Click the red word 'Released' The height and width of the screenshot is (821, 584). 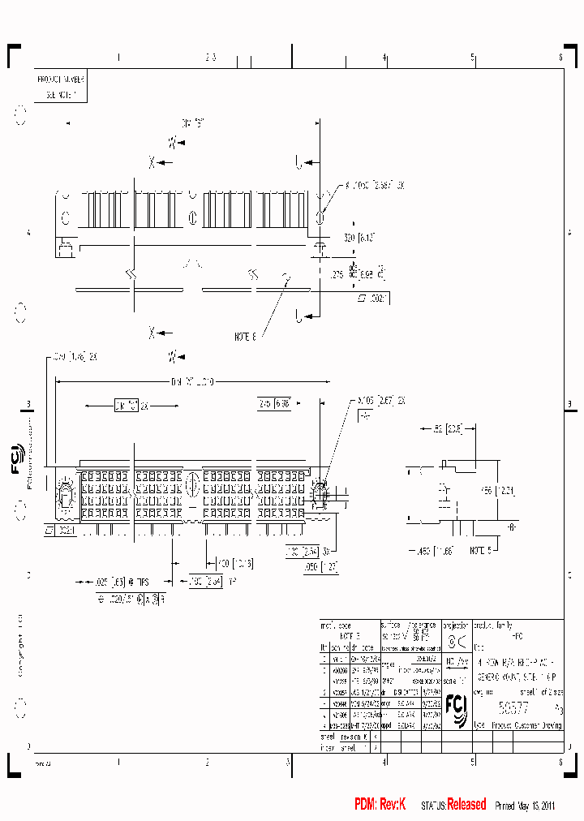pyautogui.click(x=466, y=804)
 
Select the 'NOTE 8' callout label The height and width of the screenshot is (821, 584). pyautogui.click(x=245, y=335)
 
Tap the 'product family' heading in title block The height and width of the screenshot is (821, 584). pyautogui.click(x=495, y=625)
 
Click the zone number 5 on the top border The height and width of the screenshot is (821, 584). pyautogui.click(x=472, y=58)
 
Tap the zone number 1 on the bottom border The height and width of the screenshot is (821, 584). pyautogui.click(x=118, y=762)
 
